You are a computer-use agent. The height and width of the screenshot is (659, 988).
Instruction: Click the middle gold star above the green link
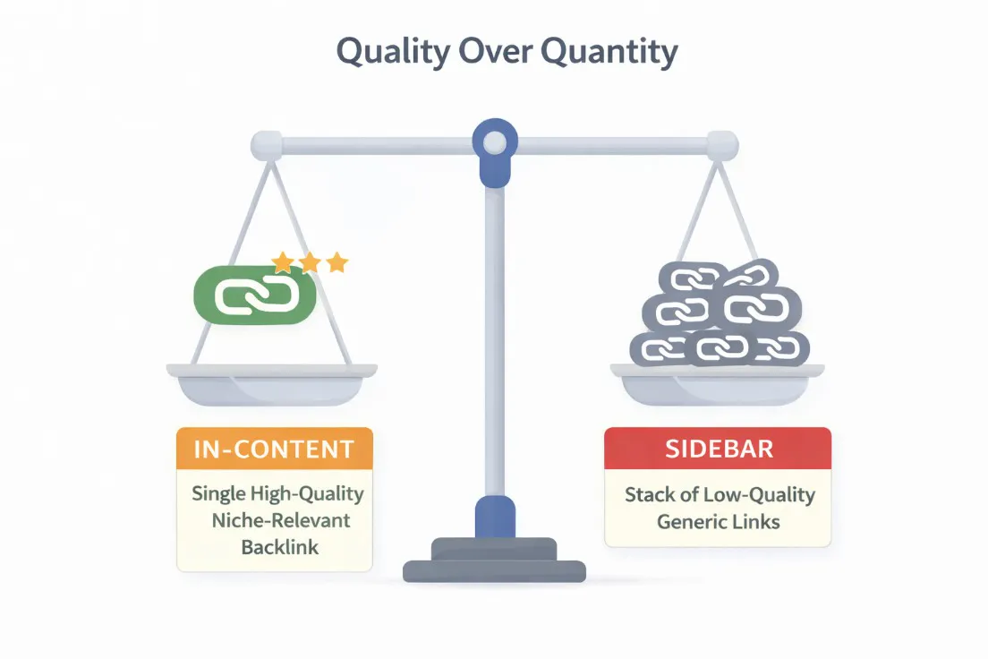[311, 262]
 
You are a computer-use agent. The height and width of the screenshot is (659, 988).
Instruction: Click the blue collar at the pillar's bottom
[494, 518]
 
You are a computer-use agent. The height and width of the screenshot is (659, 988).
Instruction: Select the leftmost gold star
[284, 262]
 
